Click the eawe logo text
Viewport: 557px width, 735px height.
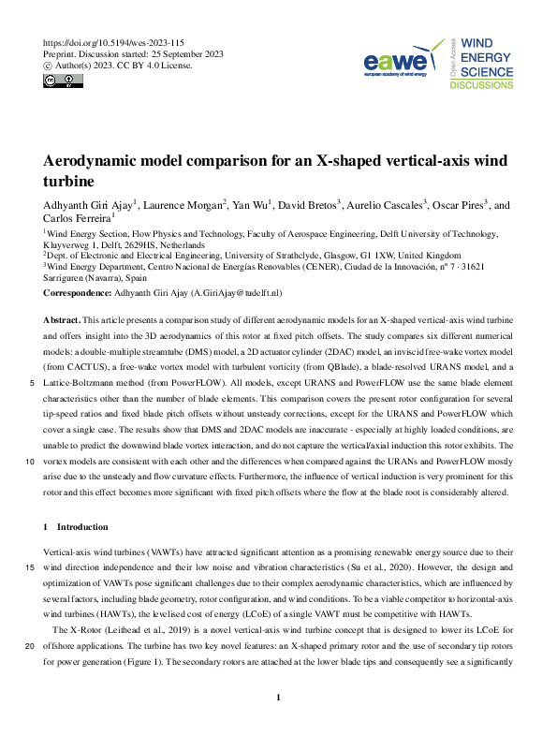point(397,63)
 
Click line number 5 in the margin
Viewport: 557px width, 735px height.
point(33,383)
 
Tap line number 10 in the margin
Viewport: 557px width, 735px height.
point(32,461)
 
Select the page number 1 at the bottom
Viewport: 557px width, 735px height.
point(278,698)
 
